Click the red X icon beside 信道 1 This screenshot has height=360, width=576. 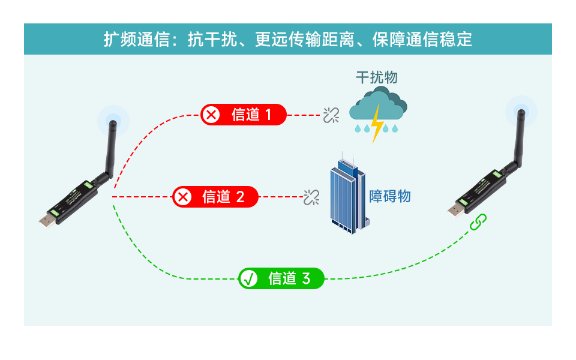tap(211, 114)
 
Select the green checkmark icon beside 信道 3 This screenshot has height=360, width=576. tap(248, 278)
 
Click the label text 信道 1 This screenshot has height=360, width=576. tap(251, 115)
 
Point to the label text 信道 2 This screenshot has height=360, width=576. tap(223, 196)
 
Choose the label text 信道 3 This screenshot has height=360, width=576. tap(289, 278)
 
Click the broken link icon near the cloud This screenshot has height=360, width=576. tap(331, 115)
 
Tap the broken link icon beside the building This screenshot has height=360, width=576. tap(311, 197)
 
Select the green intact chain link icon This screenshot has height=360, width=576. tap(478, 222)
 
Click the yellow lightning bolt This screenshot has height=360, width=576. tap(377, 124)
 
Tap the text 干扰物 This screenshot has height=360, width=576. tap(377, 77)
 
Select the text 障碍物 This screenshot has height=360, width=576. tap(390, 196)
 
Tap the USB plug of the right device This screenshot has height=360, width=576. tap(455, 210)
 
